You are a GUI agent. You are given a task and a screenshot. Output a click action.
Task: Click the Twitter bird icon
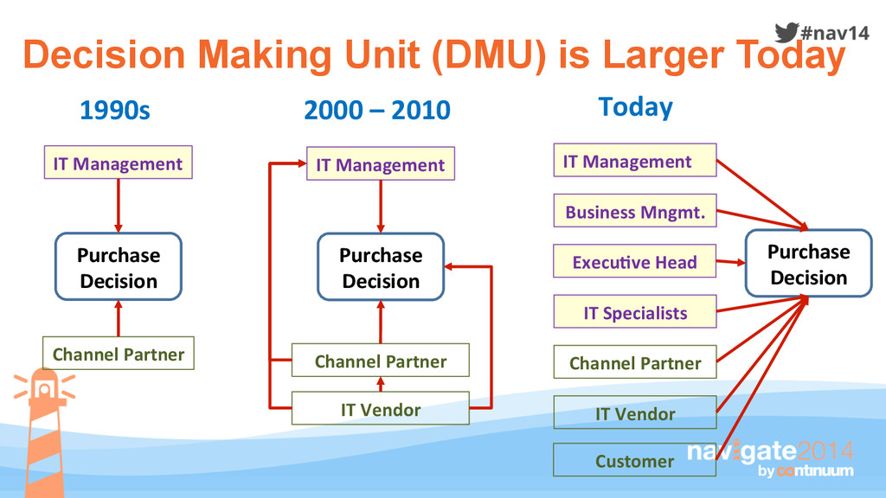coord(786,32)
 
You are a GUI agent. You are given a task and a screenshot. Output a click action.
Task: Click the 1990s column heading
coord(114,111)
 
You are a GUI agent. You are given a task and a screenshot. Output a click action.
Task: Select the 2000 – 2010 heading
coord(377,111)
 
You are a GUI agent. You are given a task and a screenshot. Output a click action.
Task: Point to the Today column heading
coord(635,107)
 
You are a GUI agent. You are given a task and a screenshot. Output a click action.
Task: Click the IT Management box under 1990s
coord(118,163)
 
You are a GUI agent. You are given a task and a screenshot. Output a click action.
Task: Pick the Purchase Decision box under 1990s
coord(119,267)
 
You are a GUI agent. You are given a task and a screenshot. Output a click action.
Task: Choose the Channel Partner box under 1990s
coord(118,354)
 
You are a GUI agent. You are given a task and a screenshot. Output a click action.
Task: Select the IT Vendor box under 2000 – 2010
coord(380,409)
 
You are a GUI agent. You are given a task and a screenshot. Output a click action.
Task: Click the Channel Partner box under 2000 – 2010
coord(380,361)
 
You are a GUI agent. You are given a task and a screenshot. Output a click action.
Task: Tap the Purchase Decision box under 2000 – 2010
coord(381,267)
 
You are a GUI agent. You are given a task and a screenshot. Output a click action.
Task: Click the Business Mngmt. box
coord(635,211)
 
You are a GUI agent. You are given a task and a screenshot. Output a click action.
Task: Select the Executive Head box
coord(634,261)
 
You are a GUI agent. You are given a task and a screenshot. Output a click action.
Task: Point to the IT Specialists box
coord(634,312)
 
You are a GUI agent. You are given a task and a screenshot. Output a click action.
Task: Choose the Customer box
coord(634,460)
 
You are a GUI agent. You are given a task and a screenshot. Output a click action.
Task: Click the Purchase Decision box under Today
coord(808,264)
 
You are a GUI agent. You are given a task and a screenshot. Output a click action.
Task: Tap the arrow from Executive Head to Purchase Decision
coord(731,261)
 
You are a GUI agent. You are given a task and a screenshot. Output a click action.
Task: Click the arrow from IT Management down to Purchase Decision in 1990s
coord(119,204)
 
